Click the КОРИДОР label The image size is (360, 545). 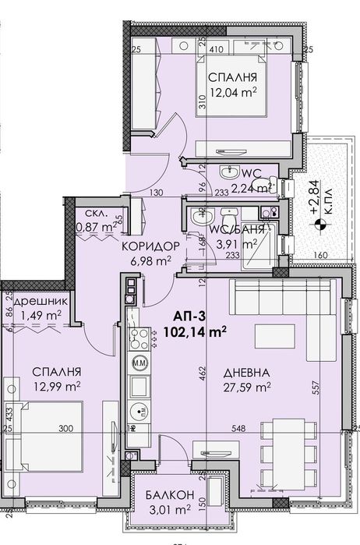[152, 246]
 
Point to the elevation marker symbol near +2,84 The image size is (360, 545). [318, 226]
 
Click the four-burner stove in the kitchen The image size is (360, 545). [141, 341]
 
